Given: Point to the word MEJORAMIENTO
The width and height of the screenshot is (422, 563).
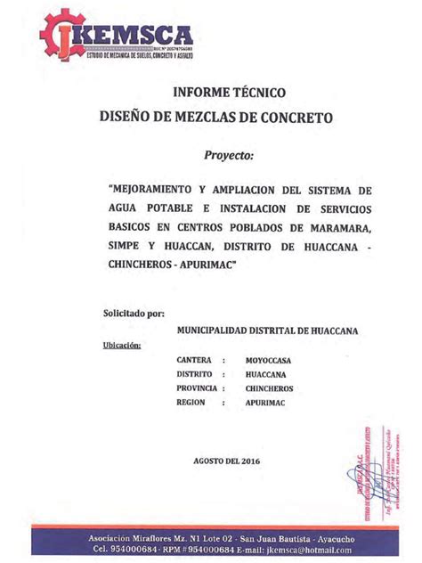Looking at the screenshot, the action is (x=158, y=191).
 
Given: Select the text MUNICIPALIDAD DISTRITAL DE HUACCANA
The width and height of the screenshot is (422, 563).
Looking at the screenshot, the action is (x=267, y=330).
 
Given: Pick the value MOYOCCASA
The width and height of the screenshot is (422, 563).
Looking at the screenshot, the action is (x=269, y=360).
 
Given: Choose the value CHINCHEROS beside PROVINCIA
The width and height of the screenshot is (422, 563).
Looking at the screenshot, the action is (x=271, y=388).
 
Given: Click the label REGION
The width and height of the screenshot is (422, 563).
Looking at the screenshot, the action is (x=192, y=403).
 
